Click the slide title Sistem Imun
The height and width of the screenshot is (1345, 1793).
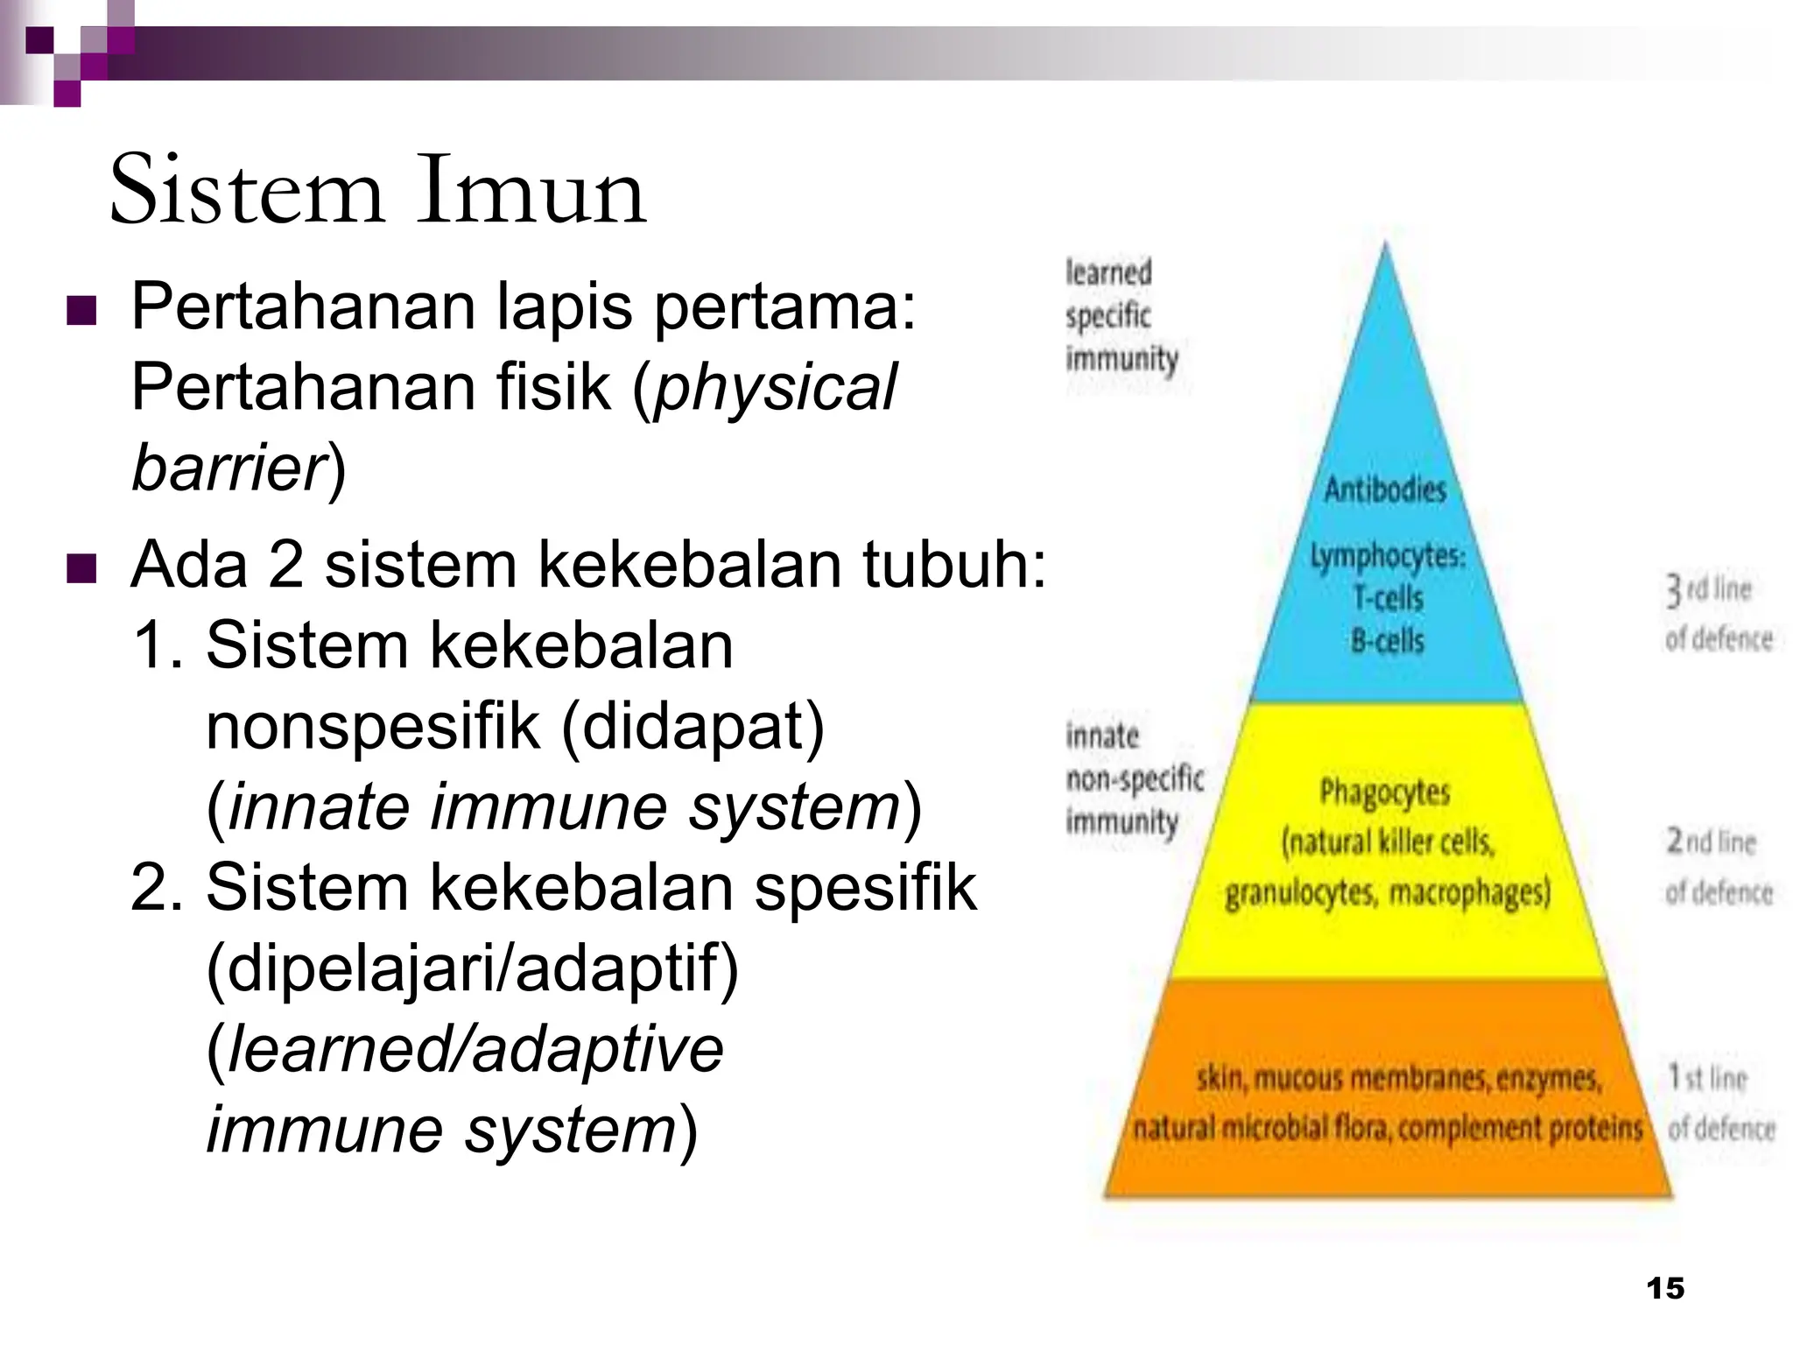coord(377,191)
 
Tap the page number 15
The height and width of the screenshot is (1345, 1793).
coord(1665,1288)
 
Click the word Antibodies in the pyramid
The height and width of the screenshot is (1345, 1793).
coord(1385,489)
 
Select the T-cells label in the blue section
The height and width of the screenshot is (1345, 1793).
coord(1388,599)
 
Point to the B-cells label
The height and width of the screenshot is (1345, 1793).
coord(1388,641)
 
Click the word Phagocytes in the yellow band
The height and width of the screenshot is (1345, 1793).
coord(1385,792)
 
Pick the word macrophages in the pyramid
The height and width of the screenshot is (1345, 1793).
coord(1470,893)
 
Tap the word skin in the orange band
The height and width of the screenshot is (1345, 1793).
coord(1220,1078)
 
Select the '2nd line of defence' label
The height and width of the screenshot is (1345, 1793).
coord(1718,867)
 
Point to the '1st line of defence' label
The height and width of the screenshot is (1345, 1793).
coord(1719,1102)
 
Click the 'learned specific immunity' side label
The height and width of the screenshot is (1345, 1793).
coord(1121,316)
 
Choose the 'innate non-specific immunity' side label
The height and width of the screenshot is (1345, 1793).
coord(1134,778)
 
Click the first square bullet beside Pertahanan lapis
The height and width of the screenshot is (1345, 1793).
coord(81,311)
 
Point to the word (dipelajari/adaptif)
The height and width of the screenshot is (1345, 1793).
coord(473,968)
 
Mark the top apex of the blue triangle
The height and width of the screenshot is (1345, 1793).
coord(1385,245)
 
